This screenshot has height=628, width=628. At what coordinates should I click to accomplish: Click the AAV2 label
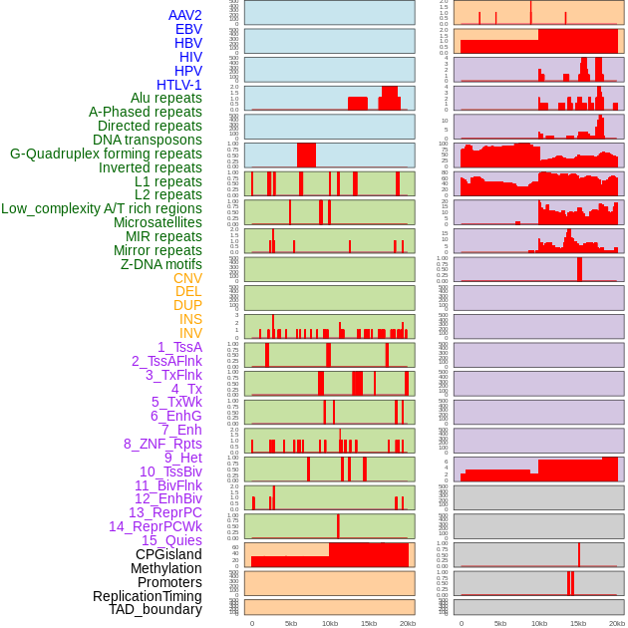coord(184,15)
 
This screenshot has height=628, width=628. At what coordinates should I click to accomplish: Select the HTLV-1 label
coord(179,85)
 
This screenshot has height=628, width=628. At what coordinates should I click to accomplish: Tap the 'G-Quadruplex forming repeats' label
coord(106,154)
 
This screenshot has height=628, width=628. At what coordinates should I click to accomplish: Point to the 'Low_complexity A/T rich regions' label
coord(102,208)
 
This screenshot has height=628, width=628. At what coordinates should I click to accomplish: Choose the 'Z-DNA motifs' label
coord(161,264)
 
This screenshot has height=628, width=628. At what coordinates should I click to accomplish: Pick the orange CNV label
coord(187,278)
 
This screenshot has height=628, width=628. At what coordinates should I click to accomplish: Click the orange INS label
coord(190,319)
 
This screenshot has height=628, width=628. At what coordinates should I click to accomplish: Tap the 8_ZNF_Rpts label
coord(162,444)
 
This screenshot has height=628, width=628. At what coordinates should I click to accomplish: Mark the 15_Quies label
coord(171,540)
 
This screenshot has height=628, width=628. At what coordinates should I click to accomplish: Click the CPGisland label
coord(168,554)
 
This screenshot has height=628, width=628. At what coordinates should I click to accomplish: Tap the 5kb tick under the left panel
coord(291,623)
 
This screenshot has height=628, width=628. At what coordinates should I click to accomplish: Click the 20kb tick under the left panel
coord(408,623)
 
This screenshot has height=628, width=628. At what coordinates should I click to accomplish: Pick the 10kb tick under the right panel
coord(539,623)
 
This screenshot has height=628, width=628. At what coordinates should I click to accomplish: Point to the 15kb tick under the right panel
coord(578,623)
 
